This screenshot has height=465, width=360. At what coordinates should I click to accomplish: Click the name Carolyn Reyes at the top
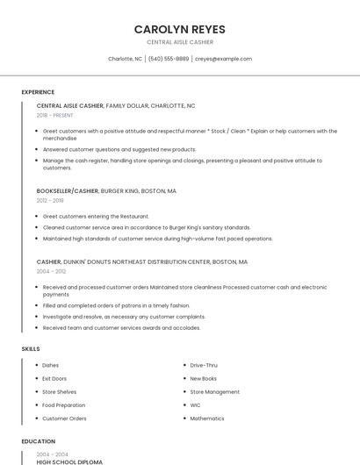[179, 29]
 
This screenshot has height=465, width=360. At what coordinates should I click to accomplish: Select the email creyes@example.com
[223, 59]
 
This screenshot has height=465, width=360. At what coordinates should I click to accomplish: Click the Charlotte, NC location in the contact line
[125, 59]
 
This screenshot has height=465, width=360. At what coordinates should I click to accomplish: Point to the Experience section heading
[38, 92]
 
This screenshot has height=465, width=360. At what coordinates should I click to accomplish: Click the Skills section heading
[31, 349]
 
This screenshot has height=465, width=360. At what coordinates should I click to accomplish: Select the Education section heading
[38, 441]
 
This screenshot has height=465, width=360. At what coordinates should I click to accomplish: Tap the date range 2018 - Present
[54, 115]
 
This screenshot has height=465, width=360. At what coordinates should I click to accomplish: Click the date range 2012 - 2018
[50, 200]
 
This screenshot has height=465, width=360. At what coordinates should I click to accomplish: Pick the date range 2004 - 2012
[50, 271]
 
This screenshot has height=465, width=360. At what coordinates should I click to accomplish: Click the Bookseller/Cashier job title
[68, 190]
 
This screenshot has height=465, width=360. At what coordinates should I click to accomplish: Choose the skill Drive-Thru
[204, 365]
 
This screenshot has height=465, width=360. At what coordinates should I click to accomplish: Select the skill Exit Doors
[54, 378]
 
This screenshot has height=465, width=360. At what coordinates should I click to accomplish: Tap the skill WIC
[195, 405]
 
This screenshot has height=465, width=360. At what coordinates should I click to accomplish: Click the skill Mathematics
[207, 418]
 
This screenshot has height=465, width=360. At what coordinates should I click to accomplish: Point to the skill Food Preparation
[64, 405]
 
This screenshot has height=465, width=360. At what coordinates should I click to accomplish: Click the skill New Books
[203, 378]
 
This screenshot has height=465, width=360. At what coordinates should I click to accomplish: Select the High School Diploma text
[69, 461]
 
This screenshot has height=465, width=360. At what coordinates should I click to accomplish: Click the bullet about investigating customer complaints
[112, 316]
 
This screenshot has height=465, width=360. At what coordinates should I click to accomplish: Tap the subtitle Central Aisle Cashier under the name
[179, 42]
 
